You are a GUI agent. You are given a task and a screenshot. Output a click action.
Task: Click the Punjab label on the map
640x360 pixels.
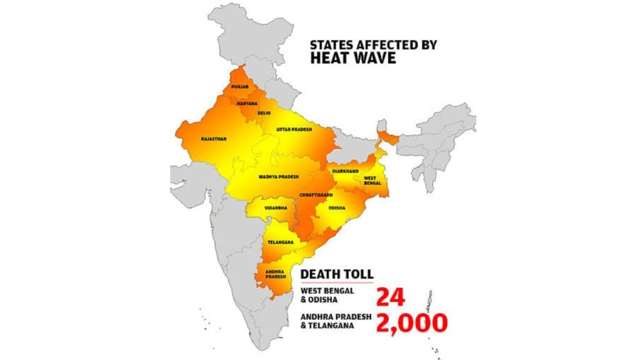[x=241, y=87]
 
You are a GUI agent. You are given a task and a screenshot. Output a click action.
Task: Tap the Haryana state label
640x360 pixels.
[x=247, y=102]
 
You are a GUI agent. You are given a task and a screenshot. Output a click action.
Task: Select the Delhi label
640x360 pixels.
[x=264, y=114]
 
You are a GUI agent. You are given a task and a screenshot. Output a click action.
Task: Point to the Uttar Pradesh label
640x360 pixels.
[x=294, y=129]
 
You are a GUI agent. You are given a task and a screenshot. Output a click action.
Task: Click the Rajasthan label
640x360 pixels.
[x=214, y=139]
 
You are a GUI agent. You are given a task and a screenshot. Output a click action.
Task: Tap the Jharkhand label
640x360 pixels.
[x=344, y=170]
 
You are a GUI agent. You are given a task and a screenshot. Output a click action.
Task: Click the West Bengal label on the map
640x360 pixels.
[x=372, y=181]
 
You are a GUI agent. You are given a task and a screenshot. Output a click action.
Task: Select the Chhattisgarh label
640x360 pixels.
[x=316, y=196]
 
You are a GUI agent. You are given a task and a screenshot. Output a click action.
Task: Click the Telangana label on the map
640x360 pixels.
[x=277, y=241]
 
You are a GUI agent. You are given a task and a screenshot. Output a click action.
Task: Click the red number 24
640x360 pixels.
[x=391, y=297]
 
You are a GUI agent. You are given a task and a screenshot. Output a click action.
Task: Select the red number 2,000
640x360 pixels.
[x=411, y=322]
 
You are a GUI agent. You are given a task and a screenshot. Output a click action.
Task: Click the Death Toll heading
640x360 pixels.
[x=337, y=274]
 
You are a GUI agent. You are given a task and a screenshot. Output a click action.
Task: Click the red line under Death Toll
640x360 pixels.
[x=337, y=282]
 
